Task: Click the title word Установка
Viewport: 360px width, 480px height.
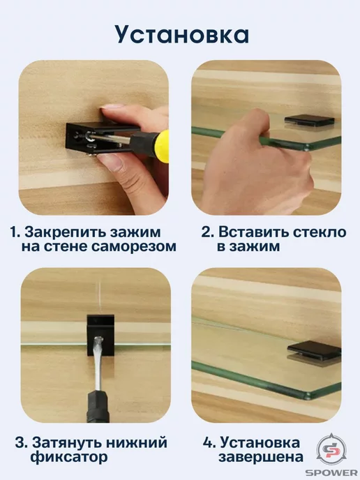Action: [182, 35]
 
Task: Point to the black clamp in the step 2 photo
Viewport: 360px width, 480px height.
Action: [308, 121]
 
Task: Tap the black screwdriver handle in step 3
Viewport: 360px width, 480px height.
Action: [98, 407]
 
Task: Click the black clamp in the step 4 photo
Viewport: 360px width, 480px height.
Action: [315, 351]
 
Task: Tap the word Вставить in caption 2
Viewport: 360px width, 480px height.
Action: [253, 232]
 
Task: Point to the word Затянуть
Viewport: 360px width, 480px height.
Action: [68, 444]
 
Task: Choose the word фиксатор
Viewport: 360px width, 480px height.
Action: [69, 458]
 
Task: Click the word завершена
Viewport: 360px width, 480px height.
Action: [261, 458]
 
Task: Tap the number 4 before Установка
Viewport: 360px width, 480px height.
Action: [209, 443]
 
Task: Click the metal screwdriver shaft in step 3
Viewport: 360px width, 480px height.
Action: [98, 363]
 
